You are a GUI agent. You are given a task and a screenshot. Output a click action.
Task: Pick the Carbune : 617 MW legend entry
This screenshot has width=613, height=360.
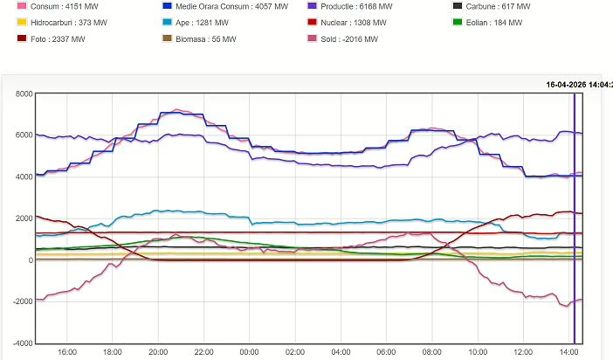coord(496,6)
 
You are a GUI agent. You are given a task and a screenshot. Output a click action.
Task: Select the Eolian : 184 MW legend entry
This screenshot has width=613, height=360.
coord(492,22)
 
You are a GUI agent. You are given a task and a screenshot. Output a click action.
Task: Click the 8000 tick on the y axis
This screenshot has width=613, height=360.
coord(21,93)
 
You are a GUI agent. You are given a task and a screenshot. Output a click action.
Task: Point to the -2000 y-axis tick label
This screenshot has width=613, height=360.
coord(19,301)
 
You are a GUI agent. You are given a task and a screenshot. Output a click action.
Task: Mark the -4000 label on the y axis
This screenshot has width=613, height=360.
coord(19,343)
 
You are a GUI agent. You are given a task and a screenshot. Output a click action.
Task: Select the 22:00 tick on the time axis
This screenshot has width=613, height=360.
coord(203,352)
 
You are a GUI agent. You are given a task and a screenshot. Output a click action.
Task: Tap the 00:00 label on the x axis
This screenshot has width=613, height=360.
coord(249,352)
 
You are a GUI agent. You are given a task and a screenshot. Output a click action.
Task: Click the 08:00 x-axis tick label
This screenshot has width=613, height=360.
coord(431,352)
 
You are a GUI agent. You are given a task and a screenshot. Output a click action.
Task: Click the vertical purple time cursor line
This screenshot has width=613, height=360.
coord(574,218)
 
